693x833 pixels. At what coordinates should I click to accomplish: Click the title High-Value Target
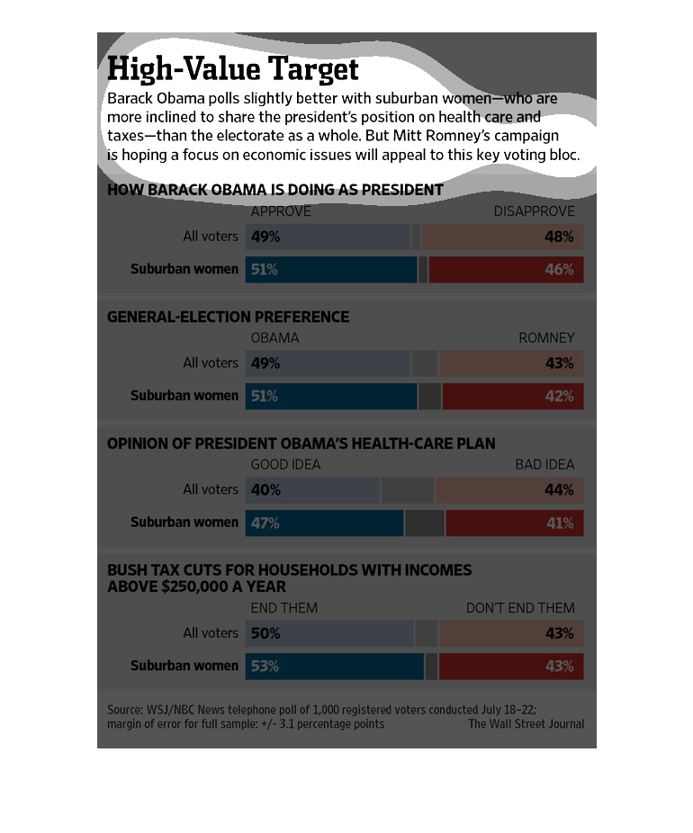click(233, 69)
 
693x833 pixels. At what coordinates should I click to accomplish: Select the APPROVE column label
click(281, 211)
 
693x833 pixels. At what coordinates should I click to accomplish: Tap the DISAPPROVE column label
click(534, 211)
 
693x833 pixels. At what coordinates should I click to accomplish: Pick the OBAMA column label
click(274, 337)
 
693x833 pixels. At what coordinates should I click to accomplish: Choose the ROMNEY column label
click(546, 337)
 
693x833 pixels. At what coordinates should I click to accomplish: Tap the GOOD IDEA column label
click(285, 464)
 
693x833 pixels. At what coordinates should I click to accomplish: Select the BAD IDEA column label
click(544, 464)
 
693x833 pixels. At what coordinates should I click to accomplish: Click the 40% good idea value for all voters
click(265, 490)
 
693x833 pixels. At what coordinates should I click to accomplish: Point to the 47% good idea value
click(265, 523)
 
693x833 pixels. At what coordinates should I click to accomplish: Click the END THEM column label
click(284, 608)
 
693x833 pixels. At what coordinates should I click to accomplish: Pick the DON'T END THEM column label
click(520, 608)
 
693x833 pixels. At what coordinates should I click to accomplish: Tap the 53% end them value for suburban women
click(265, 667)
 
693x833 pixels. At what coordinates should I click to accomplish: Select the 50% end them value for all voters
click(265, 633)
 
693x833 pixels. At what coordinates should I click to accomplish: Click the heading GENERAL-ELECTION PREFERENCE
click(229, 317)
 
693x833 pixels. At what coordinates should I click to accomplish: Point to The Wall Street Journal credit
click(526, 724)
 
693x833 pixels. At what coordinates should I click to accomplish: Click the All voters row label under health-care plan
click(211, 490)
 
